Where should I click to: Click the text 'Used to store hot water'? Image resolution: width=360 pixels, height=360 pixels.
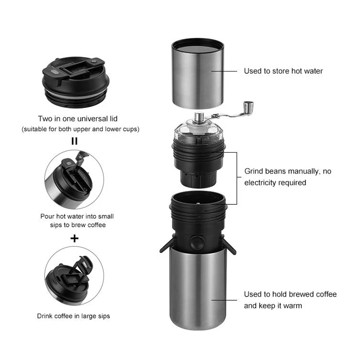tap(283, 71)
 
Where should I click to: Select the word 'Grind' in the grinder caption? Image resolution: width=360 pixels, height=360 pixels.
tap(254, 171)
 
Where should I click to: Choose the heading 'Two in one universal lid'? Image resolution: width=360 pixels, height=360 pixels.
tap(77, 119)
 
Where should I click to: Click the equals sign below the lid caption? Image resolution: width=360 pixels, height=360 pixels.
tap(75, 141)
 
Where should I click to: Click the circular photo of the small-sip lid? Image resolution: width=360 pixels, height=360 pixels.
tap(74, 178)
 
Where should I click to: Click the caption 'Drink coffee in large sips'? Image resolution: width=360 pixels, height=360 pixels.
tap(73, 316)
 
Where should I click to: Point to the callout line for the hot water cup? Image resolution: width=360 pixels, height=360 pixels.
tap(224, 71)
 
